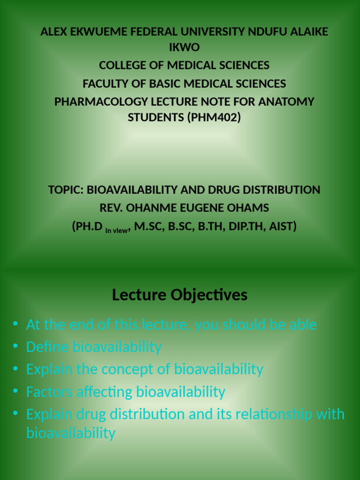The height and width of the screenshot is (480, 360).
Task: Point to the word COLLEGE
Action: point(122,65)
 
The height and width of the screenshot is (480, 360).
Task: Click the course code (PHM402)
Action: point(214,118)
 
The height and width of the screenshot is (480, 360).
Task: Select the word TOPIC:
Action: point(66,190)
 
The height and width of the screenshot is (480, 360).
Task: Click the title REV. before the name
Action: point(110,208)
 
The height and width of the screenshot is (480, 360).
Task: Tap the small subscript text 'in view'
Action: point(116,230)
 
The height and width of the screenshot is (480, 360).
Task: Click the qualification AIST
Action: point(281,227)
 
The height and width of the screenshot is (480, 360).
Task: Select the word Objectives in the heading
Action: point(209,295)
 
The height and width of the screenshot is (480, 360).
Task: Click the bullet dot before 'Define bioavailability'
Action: point(15,346)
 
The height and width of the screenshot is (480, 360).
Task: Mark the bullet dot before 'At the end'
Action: point(15,323)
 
